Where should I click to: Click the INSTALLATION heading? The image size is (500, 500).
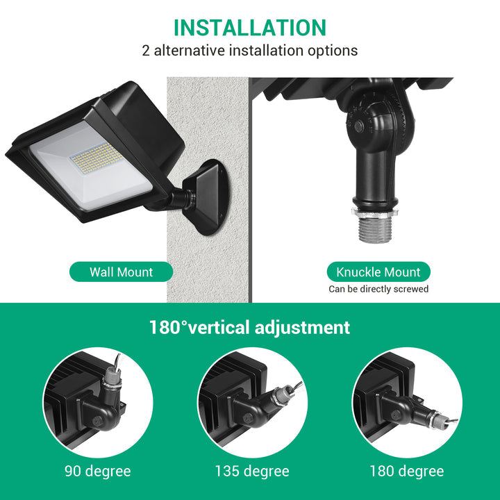[249, 27]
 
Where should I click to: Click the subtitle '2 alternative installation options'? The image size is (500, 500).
[249, 51]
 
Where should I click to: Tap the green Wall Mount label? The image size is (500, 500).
[121, 272]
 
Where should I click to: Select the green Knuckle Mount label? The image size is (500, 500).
[378, 272]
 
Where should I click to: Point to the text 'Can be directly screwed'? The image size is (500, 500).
[378, 289]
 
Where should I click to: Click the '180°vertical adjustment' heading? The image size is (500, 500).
[249, 327]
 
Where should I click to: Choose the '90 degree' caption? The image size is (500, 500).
[97, 472]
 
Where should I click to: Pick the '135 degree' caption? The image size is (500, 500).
[253, 472]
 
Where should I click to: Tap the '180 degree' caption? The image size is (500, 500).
[406, 472]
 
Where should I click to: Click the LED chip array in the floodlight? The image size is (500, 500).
[97, 156]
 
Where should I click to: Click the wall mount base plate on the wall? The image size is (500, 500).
[206, 196]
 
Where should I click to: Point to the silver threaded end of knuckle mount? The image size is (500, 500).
[376, 223]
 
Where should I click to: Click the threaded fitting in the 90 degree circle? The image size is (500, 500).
[110, 379]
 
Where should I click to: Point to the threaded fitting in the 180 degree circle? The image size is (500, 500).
[436, 418]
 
